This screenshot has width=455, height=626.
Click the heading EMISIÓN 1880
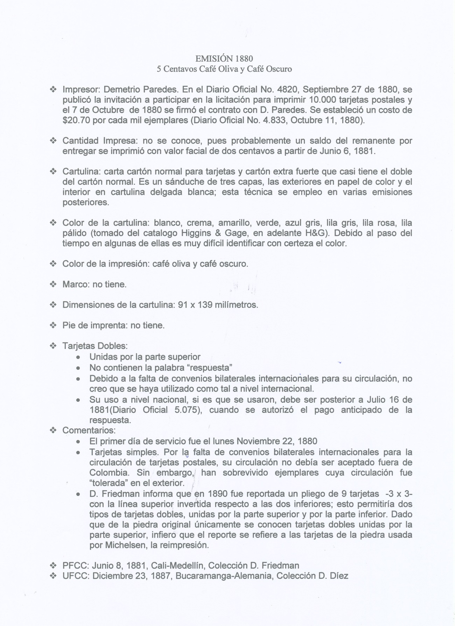point(224,58)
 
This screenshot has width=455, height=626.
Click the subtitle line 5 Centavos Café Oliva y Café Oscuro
point(224,69)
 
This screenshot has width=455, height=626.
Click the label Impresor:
point(82,90)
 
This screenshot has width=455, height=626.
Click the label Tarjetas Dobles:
point(95,346)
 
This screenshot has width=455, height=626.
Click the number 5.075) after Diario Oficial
point(188,410)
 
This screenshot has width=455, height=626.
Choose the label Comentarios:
point(89,430)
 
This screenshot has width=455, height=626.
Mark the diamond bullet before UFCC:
point(53,576)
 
